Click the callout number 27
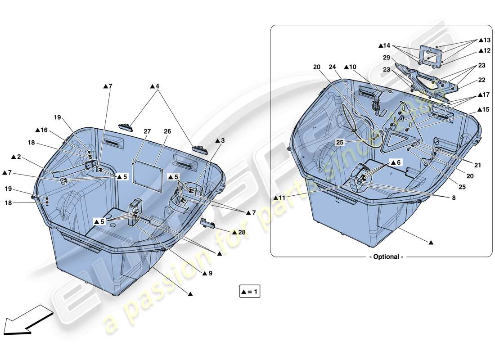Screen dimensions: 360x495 pos(147,131)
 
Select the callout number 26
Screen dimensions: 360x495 pos(167,131)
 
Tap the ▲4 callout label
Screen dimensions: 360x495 pos(155,86)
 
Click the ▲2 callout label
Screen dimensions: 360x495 pos(16,157)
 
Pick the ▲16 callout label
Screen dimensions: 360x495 pos(41,130)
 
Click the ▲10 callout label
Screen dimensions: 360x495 pos(350,67)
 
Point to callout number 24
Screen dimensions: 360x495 pos(332,67)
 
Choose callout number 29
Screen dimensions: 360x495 pos(387,58)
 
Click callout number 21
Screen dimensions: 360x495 pos(477,165)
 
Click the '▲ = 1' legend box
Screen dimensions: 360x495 pos(250,292)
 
